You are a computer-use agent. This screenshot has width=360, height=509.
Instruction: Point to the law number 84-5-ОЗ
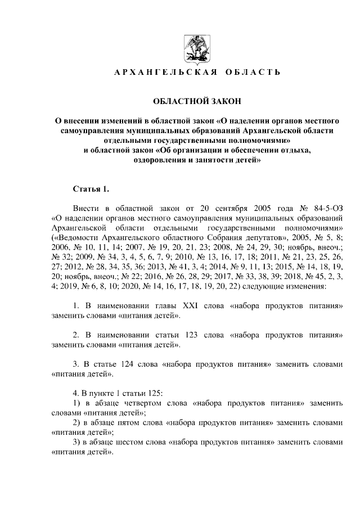326,208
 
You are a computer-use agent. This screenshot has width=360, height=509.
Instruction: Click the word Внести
88,208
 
